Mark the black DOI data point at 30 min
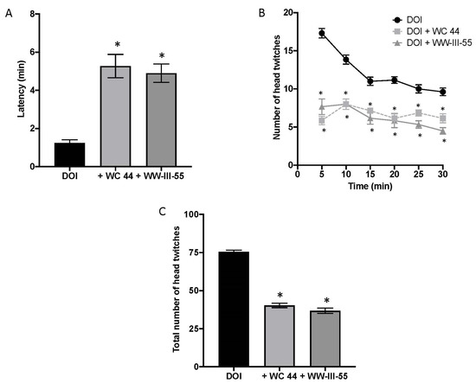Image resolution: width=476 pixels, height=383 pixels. point(443,92)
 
